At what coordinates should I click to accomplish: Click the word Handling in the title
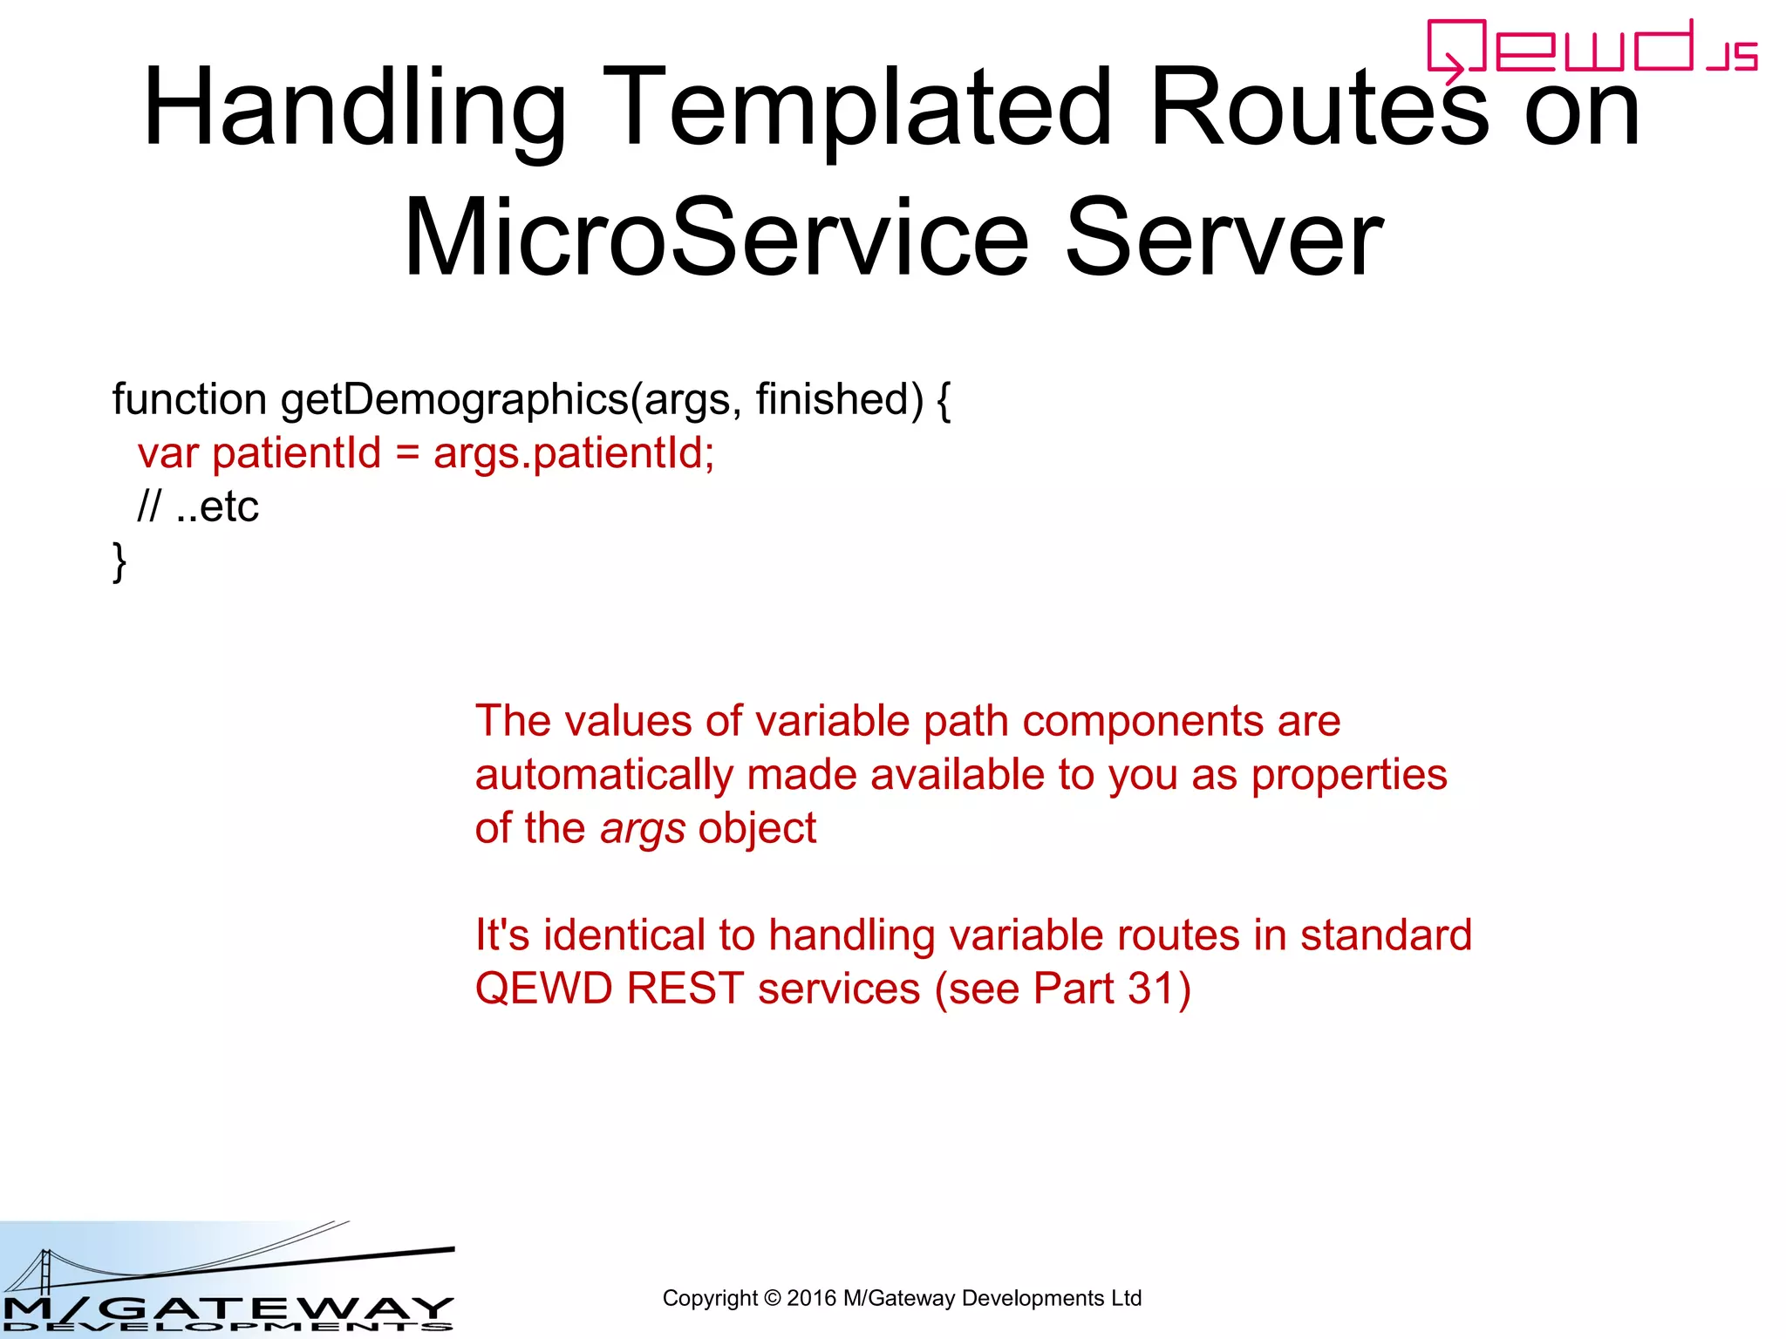coord(353,109)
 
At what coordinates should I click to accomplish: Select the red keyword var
coord(167,454)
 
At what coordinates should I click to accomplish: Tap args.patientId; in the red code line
coord(574,454)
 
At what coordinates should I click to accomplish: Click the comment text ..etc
coord(217,507)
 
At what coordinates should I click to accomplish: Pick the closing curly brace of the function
coord(119,561)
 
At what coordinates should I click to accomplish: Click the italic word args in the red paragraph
coord(643,829)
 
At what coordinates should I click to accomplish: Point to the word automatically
coord(604,775)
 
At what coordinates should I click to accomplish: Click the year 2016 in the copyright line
coord(811,1298)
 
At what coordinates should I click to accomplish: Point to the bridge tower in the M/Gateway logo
coord(45,1273)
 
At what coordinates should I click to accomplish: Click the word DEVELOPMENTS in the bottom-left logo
coord(227,1327)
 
